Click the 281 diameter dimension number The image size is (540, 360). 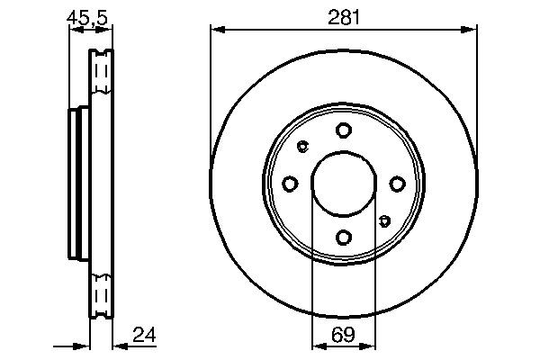343,15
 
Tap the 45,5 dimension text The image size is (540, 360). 87,15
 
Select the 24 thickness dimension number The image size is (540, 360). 144,335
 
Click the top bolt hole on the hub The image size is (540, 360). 343,130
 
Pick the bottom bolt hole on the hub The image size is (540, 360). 343,238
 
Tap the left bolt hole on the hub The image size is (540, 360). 289,184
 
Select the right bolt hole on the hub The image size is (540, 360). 397,184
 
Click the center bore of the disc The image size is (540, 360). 343,184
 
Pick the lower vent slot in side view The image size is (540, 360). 101,297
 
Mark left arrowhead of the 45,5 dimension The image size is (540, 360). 75,31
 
